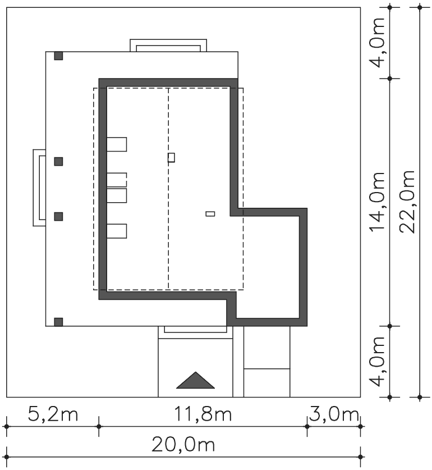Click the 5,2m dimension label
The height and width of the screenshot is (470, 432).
coord(53,414)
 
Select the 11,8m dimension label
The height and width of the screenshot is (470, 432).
coord(203,414)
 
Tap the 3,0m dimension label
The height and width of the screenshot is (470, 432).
coord(334,414)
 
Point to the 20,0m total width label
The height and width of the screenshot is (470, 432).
coord(183,444)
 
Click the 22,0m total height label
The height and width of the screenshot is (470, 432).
coord(407,202)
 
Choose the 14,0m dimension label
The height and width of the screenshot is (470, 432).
coord(376,202)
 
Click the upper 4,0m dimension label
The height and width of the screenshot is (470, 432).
coord(376,43)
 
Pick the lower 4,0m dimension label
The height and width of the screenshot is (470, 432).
coord(376,362)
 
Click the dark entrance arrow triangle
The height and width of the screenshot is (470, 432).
coord(195,380)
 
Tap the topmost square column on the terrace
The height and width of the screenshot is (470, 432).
coord(58,56)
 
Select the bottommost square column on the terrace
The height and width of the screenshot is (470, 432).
coord(58,322)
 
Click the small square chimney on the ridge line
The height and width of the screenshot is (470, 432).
coord(171,157)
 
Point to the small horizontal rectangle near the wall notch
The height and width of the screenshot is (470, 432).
coord(210,214)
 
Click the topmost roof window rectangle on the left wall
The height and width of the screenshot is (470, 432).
coord(117,144)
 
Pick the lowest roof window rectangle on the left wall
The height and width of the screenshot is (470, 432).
coord(117,231)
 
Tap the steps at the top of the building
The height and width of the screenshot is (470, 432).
coord(168,45)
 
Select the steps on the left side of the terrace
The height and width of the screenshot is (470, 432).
coord(39,188)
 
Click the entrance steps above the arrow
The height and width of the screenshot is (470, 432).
coord(195,332)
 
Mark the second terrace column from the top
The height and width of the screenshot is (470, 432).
coord(58,161)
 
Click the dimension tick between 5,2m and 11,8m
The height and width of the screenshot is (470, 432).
coord(99,426)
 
